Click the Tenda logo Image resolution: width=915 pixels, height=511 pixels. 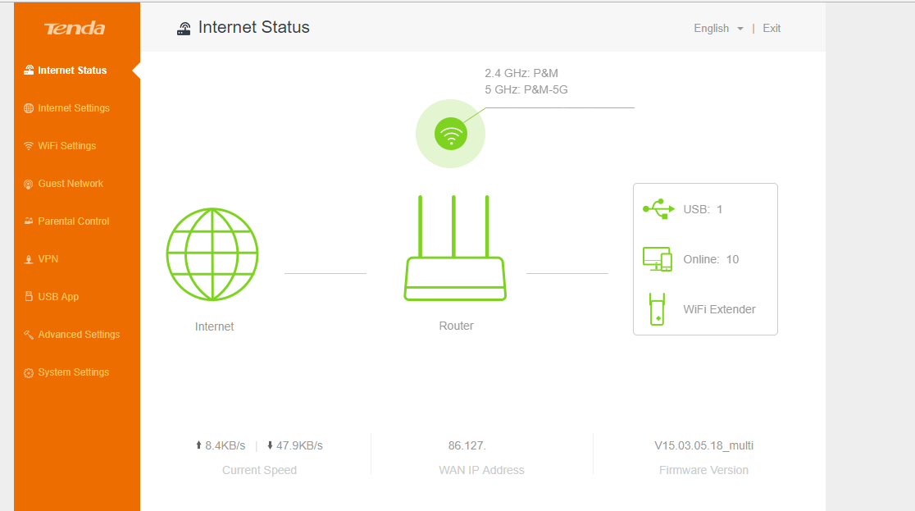click(75, 29)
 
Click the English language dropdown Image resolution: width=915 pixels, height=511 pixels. click(718, 29)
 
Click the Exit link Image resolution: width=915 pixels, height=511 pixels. click(772, 29)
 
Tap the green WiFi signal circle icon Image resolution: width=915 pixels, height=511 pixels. click(450, 134)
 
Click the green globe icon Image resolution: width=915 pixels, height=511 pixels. click(212, 254)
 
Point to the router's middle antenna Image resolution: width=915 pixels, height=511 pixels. click(453, 226)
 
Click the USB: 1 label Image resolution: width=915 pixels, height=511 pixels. click(703, 210)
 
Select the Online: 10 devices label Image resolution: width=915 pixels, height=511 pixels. click(711, 259)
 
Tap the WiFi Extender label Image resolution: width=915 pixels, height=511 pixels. click(720, 309)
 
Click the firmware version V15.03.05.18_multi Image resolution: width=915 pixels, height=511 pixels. click(703, 445)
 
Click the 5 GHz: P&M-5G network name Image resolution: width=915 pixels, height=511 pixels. click(526, 89)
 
